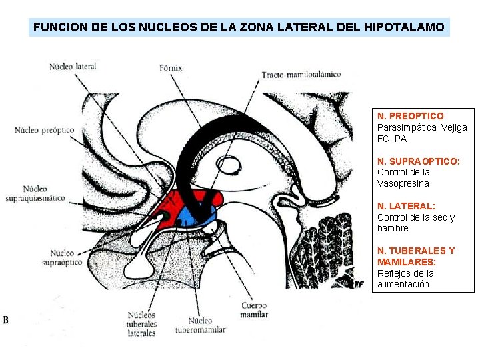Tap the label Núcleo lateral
[73, 66]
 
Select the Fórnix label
[171, 68]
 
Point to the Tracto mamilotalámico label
[301, 74]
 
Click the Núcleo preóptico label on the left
[44, 129]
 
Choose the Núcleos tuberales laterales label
[141, 323]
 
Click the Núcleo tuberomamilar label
[200, 325]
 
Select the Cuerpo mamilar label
[254, 309]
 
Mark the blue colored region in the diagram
[196, 215]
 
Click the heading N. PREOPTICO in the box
[410, 116]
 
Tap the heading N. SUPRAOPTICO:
[419, 161]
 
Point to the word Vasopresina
[403, 183]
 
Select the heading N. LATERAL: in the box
[406, 206]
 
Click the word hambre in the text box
[393, 228]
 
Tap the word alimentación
[403, 284]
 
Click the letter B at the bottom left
[6, 320]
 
